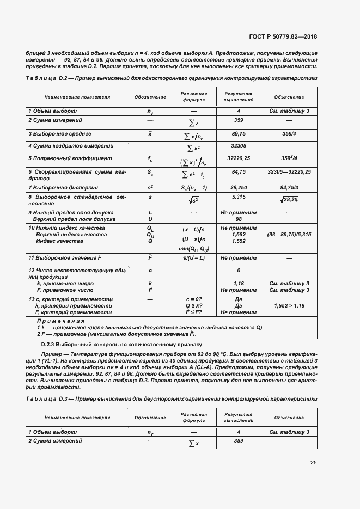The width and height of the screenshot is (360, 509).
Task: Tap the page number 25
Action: [314, 462]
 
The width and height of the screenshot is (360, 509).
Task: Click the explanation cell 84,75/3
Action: [289, 187]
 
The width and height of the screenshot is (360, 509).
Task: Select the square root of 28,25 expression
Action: [289, 200]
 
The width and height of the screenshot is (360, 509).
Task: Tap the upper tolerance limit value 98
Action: [239, 218]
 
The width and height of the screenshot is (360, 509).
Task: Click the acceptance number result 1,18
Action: [239, 284]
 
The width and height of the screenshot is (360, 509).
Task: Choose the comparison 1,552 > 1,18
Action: [289, 306]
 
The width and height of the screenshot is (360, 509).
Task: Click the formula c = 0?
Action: [193, 299]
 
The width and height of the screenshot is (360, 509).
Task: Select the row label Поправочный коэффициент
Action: [70, 158]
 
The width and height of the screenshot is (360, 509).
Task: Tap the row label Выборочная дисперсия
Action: [61, 187]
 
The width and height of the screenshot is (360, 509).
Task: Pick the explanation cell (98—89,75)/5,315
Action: [289, 234]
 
